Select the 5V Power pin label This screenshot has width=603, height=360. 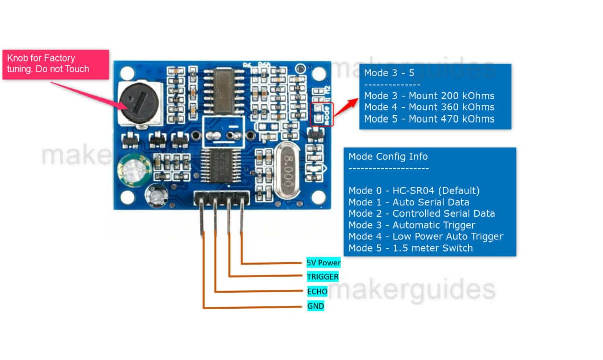[x=324, y=263]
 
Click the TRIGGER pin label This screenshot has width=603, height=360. [x=323, y=277]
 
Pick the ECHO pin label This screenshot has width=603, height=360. [x=317, y=291]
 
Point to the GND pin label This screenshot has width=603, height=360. [x=315, y=306]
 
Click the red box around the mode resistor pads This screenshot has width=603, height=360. [x=322, y=113]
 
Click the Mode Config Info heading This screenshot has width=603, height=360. [x=388, y=156]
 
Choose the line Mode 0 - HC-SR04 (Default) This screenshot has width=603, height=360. [x=414, y=191]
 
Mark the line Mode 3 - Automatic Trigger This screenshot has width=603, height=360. [x=412, y=225]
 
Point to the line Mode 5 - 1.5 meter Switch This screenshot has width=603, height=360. [x=411, y=248]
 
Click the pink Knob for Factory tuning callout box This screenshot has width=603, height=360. [x=55, y=64]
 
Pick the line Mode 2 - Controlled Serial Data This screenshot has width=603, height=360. [x=422, y=213]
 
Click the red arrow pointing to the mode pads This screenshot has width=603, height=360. [x=346, y=107]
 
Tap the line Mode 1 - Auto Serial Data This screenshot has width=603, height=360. [x=409, y=202]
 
